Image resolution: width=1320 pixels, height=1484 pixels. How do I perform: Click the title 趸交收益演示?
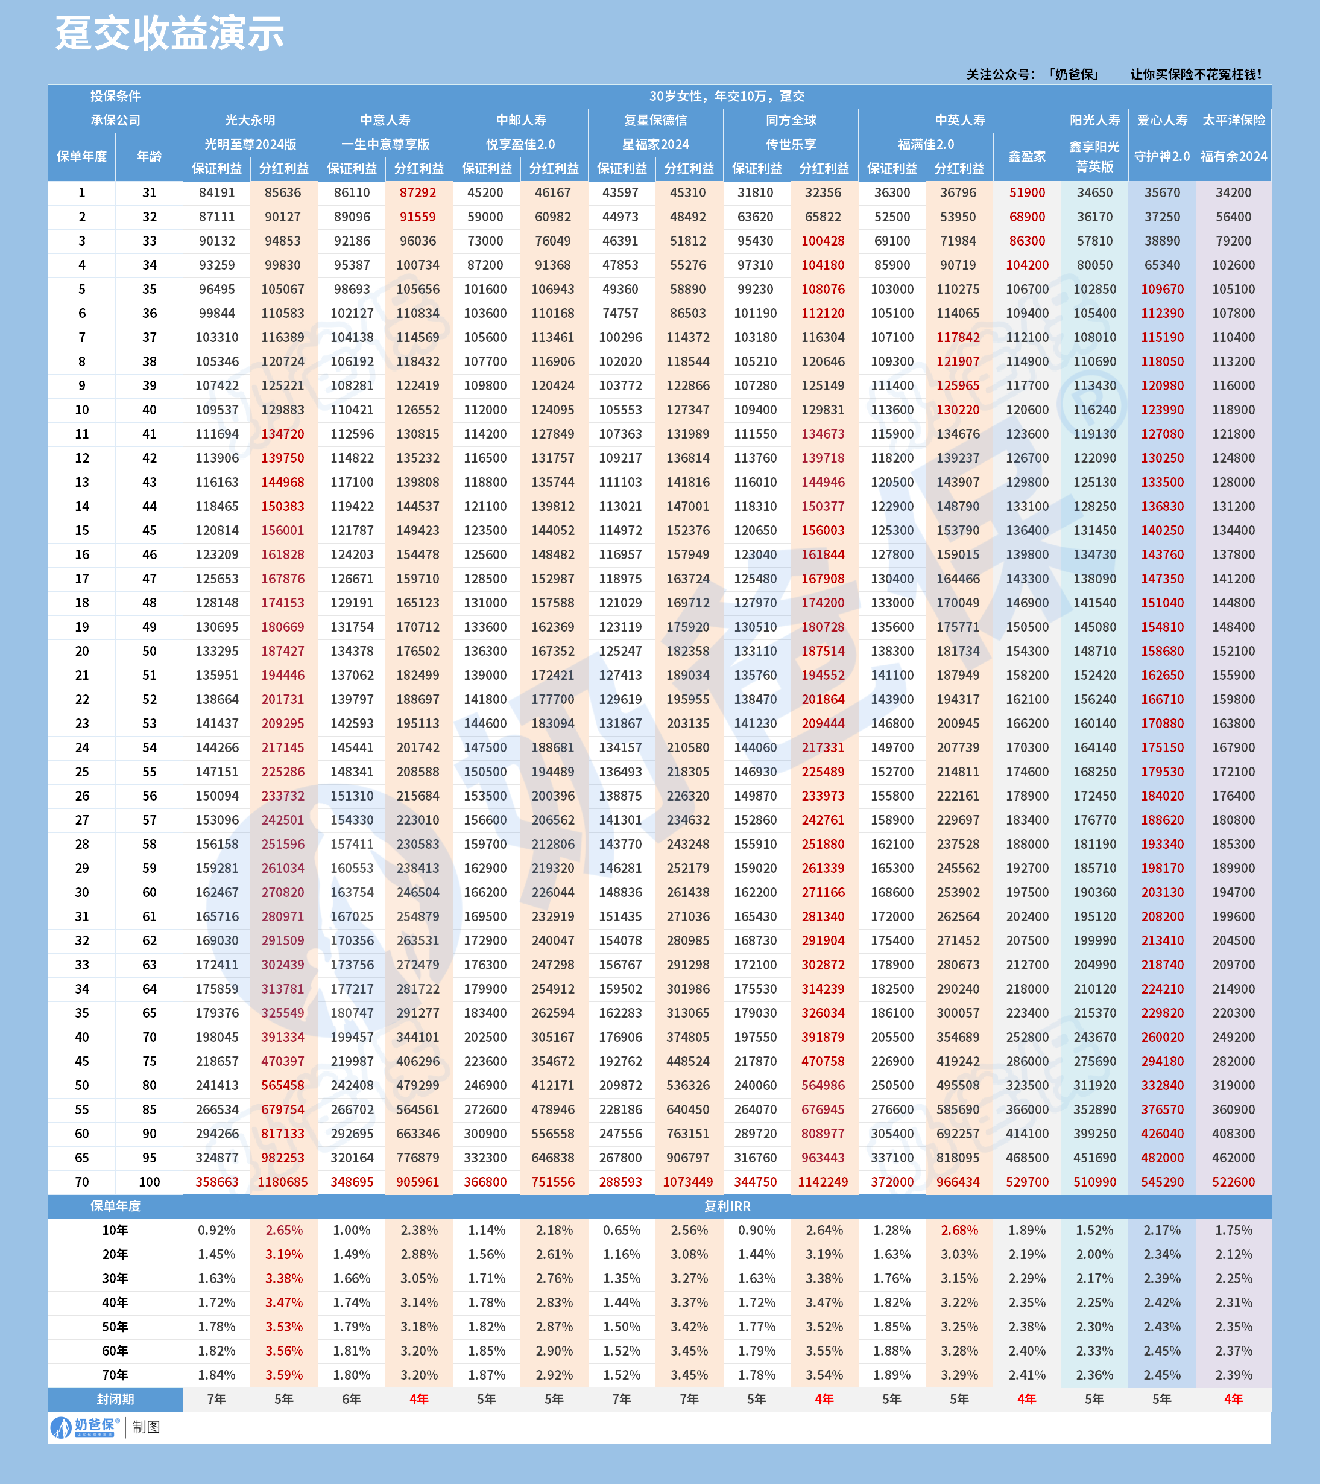(x=170, y=34)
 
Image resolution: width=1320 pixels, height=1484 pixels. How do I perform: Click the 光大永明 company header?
(x=250, y=121)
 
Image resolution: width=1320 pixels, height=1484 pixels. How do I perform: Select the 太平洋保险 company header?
(x=1233, y=121)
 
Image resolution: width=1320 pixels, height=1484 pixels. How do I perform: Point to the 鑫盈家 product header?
(x=1027, y=157)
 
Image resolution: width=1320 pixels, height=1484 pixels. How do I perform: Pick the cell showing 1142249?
(x=823, y=1182)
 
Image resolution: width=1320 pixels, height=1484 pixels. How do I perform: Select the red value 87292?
(x=418, y=193)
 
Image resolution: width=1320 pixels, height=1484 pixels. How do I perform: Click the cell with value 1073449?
(x=688, y=1182)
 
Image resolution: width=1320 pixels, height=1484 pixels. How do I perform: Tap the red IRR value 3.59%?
(x=284, y=1375)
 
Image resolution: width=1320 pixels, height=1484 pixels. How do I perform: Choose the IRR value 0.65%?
(x=621, y=1231)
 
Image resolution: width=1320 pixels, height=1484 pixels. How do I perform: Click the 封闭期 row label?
(x=115, y=1399)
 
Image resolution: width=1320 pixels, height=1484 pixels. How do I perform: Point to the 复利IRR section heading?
(x=727, y=1206)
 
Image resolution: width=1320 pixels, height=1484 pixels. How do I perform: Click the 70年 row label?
(x=115, y=1375)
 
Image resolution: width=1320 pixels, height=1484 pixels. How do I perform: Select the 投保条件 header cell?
(x=115, y=97)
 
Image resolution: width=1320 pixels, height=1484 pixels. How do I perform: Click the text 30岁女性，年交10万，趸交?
(x=727, y=97)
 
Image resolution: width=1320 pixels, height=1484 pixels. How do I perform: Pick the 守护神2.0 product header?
(x=1162, y=157)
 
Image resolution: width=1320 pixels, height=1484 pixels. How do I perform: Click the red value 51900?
(x=1027, y=193)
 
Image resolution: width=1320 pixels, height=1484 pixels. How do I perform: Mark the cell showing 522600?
(x=1233, y=1182)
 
